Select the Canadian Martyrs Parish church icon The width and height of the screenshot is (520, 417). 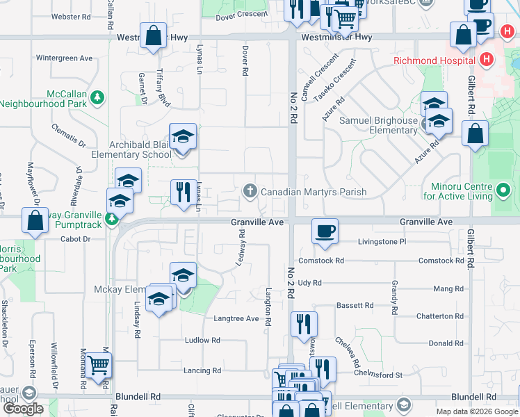tap(250, 190)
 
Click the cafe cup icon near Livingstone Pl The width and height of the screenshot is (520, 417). tap(324, 230)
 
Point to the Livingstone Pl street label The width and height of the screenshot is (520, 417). tap(382, 242)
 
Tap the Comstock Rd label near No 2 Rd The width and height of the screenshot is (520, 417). tap(321, 261)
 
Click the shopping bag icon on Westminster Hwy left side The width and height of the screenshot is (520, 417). tap(153, 35)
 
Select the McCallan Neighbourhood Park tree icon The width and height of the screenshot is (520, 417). tap(98, 95)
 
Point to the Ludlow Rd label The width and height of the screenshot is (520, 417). tap(202, 341)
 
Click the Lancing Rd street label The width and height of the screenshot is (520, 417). tap(202, 370)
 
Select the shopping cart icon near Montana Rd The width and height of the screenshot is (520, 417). tap(98, 363)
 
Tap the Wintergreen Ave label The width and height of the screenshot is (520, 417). tap(64, 58)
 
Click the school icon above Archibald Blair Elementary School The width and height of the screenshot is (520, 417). tap(184, 136)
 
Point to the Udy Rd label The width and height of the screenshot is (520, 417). tap(309, 283)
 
